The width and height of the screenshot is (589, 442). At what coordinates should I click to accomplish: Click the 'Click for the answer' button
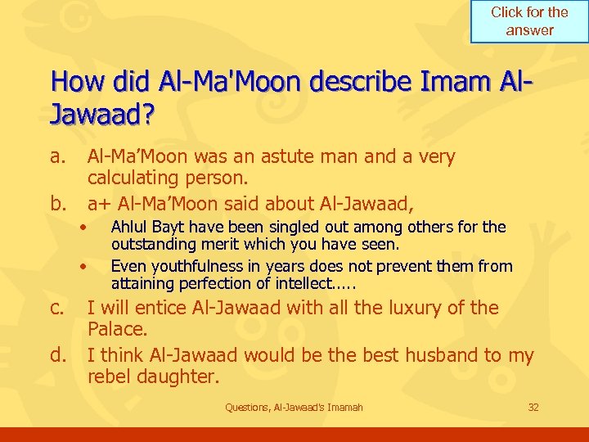coord(529,21)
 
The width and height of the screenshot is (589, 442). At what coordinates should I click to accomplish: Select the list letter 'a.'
coord(57,156)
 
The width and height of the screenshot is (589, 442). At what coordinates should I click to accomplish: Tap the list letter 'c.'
coord(57,309)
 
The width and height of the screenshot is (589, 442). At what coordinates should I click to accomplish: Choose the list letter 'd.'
coord(57,355)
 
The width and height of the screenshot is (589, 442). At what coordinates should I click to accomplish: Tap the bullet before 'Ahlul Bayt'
coord(83,227)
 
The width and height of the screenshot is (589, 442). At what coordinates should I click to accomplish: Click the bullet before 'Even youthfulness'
coord(83,266)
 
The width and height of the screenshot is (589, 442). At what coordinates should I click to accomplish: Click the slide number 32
coord(533,407)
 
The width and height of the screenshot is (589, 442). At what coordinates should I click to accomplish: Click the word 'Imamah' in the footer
coord(344,407)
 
